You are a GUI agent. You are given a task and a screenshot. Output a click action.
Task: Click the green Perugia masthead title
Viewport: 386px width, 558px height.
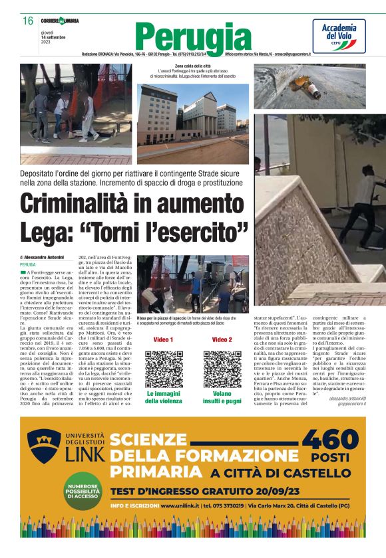point(193,37)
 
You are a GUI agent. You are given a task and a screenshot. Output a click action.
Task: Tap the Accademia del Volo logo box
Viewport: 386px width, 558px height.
point(339,35)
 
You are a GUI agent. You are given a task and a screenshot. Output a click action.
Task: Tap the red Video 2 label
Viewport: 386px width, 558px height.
point(222,339)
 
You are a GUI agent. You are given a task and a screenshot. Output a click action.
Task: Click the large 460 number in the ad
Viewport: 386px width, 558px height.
point(331,439)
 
